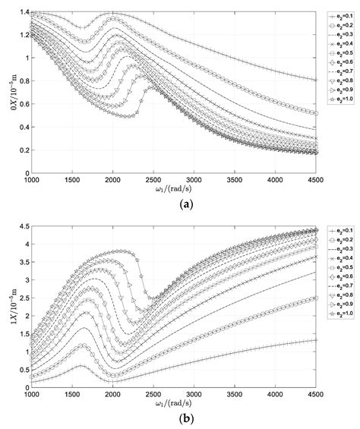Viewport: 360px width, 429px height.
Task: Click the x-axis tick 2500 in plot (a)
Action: tap(153, 179)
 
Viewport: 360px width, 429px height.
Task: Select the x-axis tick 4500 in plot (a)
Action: tap(316, 179)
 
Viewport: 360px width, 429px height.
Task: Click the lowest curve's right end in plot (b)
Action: tap(316, 340)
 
